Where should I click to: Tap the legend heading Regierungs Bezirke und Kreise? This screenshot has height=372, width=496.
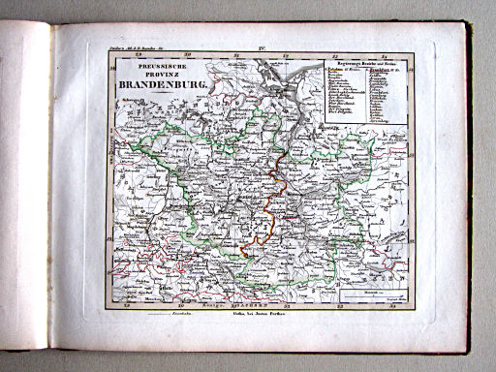[362, 61]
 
